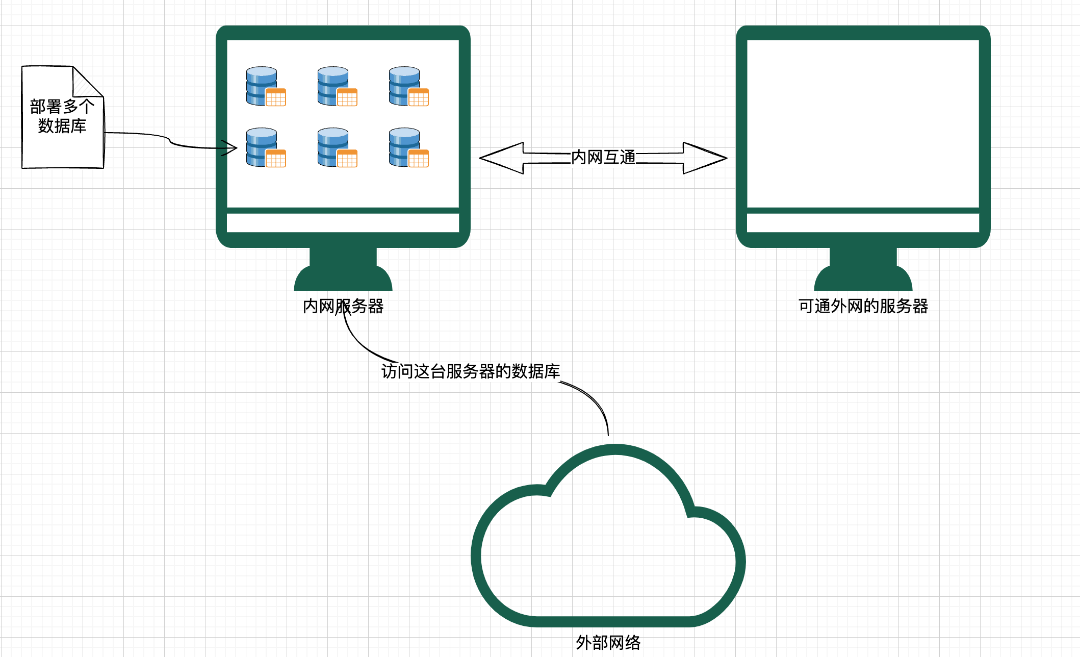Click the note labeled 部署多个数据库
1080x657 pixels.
tap(62, 117)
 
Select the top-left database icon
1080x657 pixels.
tap(266, 86)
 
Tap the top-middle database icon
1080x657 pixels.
tap(337, 86)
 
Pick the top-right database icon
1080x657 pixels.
tap(408, 86)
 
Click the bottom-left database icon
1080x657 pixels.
tap(266, 147)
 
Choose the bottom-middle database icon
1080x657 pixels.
tap(337, 147)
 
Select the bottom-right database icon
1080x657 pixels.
tap(408, 147)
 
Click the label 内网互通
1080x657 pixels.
tap(603, 157)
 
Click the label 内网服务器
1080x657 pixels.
tap(343, 306)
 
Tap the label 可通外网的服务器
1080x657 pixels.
tap(863, 306)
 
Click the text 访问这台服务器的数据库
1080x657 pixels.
tap(471, 371)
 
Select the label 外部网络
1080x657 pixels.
tap(608, 642)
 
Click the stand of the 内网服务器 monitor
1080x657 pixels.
tap(343, 270)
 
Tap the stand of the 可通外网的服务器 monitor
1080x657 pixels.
tap(863, 270)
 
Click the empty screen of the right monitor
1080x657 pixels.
tap(863, 122)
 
